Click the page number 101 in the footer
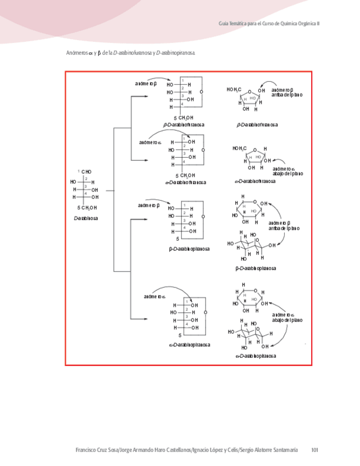pos(314,450)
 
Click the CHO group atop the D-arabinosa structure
pos(86,172)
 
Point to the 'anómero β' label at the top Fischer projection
pos(146,84)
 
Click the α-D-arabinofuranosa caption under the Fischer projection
pos(185,182)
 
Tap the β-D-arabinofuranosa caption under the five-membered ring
pos(257,125)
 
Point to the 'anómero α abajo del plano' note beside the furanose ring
pos(287,171)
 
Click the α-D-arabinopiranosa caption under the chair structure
pos(256,356)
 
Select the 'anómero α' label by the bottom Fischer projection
pos(155,297)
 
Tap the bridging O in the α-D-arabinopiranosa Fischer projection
pos(205,312)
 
